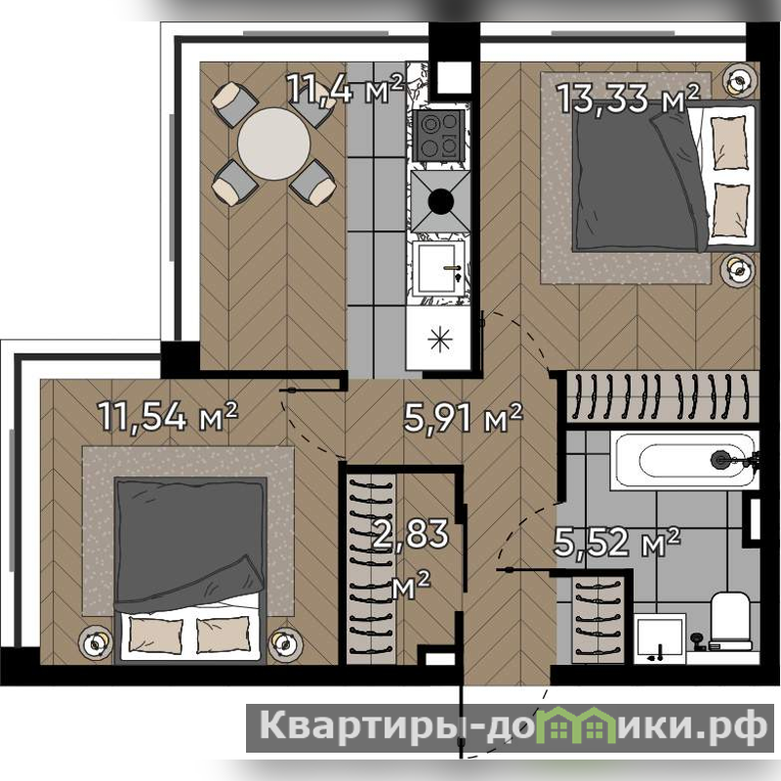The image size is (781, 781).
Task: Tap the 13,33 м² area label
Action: pyautogui.click(x=628, y=97)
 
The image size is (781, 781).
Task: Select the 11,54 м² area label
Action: pyautogui.click(x=168, y=416)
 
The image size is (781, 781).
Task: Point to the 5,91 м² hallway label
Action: pyautogui.click(x=463, y=418)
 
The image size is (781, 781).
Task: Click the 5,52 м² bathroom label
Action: pyautogui.click(x=617, y=542)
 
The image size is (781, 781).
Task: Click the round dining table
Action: pyautogui.click(x=274, y=144)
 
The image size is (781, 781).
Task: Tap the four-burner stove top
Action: pyautogui.click(x=441, y=135)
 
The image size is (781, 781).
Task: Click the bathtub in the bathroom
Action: pyautogui.click(x=685, y=461)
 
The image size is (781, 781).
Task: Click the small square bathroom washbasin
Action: pyautogui.click(x=660, y=638)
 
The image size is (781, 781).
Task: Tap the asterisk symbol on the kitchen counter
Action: pyautogui.click(x=440, y=340)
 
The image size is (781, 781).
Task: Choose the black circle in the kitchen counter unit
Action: pyautogui.click(x=441, y=201)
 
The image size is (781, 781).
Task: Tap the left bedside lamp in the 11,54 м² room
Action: pyautogui.click(x=95, y=644)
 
